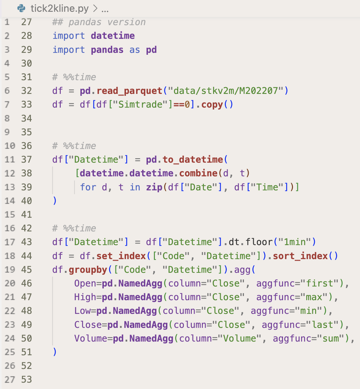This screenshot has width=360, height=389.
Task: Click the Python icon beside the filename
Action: click(x=22, y=8)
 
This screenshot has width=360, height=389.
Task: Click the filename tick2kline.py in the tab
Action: click(x=59, y=8)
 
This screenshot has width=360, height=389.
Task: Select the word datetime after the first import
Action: click(x=113, y=36)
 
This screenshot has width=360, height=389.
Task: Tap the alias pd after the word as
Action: click(x=151, y=50)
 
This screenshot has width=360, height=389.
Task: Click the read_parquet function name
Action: click(x=129, y=91)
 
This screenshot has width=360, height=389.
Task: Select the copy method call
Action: click(x=212, y=104)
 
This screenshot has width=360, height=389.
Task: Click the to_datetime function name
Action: click(x=193, y=159)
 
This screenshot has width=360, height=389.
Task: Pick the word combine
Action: click(x=198, y=173)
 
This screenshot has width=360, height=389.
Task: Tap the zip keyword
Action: click(x=154, y=187)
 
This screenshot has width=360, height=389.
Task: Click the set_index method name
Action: click(x=121, y=256)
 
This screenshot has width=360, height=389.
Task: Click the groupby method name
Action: click(x=88, y=270)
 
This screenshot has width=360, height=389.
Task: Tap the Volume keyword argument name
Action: click(x=93, y=338)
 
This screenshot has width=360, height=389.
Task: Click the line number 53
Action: click(x=27, y=379)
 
